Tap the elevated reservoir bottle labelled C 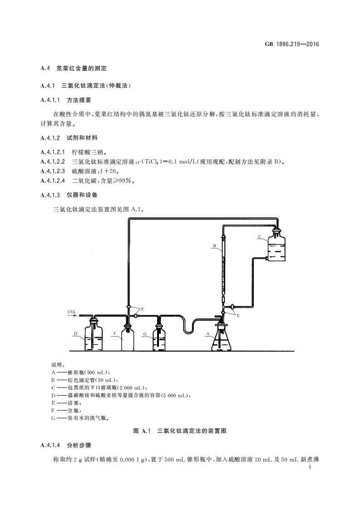point(276,249)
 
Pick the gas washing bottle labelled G point(159,339)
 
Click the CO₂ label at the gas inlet point(71,312)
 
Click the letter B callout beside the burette point(213,246)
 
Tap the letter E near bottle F point(142,308)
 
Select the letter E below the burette point(238,314)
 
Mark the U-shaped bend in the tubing point(187,328)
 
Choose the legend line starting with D point(120,396)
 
